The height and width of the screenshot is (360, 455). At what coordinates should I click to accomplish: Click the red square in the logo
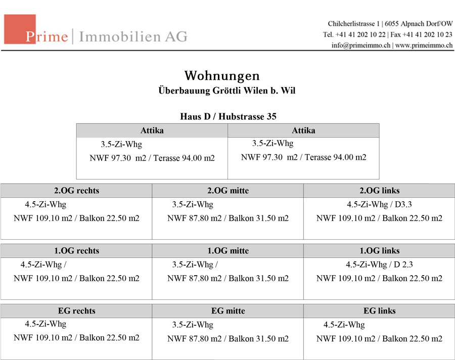click(20, 29)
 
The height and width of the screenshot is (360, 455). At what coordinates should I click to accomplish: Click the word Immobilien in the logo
click(120, 36)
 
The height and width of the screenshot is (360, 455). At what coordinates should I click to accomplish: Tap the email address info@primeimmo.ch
click(361, 46)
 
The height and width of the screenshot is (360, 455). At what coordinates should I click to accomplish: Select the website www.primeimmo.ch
click(424, 46)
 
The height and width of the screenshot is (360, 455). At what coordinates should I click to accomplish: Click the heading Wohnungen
click(222, 76)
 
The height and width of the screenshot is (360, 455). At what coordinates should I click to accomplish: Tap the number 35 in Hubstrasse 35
click(271, 116)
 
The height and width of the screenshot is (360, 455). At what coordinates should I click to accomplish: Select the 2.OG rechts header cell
click(76, 191)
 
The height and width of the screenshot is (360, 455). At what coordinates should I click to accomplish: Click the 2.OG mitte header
click(228, 191)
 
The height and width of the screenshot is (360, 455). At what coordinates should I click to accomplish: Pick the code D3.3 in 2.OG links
click(403, 204)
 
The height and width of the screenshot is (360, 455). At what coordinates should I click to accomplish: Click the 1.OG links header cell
click(379, 251)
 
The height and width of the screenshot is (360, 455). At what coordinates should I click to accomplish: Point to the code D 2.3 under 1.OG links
click(403, 264)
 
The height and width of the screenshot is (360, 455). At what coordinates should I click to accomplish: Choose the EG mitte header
click(228, 310)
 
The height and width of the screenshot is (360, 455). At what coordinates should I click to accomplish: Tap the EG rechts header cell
click(76, 310)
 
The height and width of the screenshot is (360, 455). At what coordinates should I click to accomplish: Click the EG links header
click(379, 310)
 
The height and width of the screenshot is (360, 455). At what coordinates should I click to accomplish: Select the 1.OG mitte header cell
click(228, 251)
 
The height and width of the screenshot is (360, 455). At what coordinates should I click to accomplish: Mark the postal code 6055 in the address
click(391, 24)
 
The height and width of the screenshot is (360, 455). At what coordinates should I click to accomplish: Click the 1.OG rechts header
click(76, 251)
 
